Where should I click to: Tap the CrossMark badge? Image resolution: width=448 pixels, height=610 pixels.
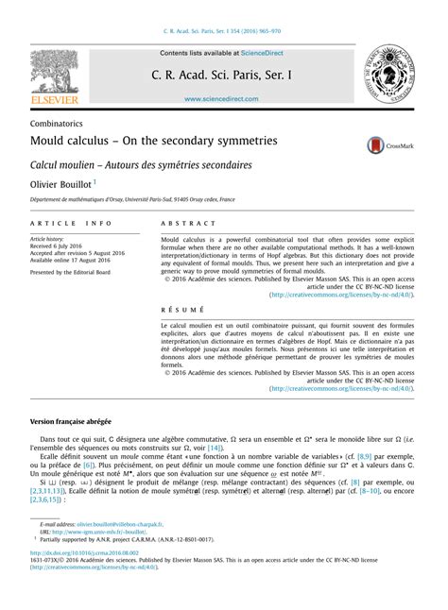[x=388, y=144]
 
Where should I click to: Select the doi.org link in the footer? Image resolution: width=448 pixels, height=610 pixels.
[x=84, y=551]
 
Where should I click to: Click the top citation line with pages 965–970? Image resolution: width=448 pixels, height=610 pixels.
[x=224, y=31]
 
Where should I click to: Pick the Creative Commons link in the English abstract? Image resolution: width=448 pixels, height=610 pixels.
[x=341, y=295]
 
